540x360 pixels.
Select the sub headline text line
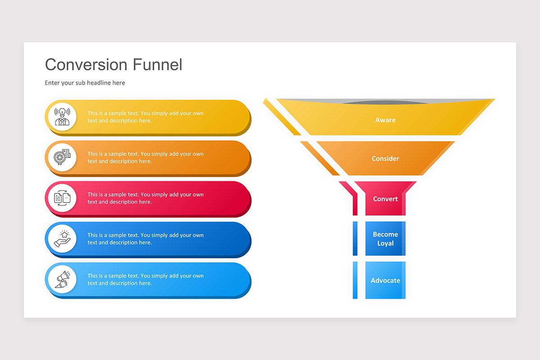[x=85, y=83]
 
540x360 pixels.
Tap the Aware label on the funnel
[x=385, y=120]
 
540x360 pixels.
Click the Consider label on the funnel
[x=385, y=158]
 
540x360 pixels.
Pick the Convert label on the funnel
[x=385, y=199]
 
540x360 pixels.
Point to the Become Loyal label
[x=385, y=239]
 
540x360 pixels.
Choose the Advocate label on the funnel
[x=385, y=280]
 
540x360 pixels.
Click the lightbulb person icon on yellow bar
[x=62, y=117]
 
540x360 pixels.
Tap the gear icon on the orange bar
[x=62, y=157]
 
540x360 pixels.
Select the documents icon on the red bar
[x=62, y=198]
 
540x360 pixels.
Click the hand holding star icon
[x=62, y=238]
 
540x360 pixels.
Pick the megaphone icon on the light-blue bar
[x=62, y=279]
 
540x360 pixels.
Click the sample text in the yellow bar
[x=145, y=117]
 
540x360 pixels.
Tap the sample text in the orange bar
[x=145, y=157]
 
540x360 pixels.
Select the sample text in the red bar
[x=145, y=198]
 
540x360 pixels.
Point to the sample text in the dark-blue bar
[x=145, y=238]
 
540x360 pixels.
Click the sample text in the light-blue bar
[x=145, y=279]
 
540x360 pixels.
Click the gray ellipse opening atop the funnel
[x=385, y=102]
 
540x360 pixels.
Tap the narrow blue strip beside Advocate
[x=355, y=280]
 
